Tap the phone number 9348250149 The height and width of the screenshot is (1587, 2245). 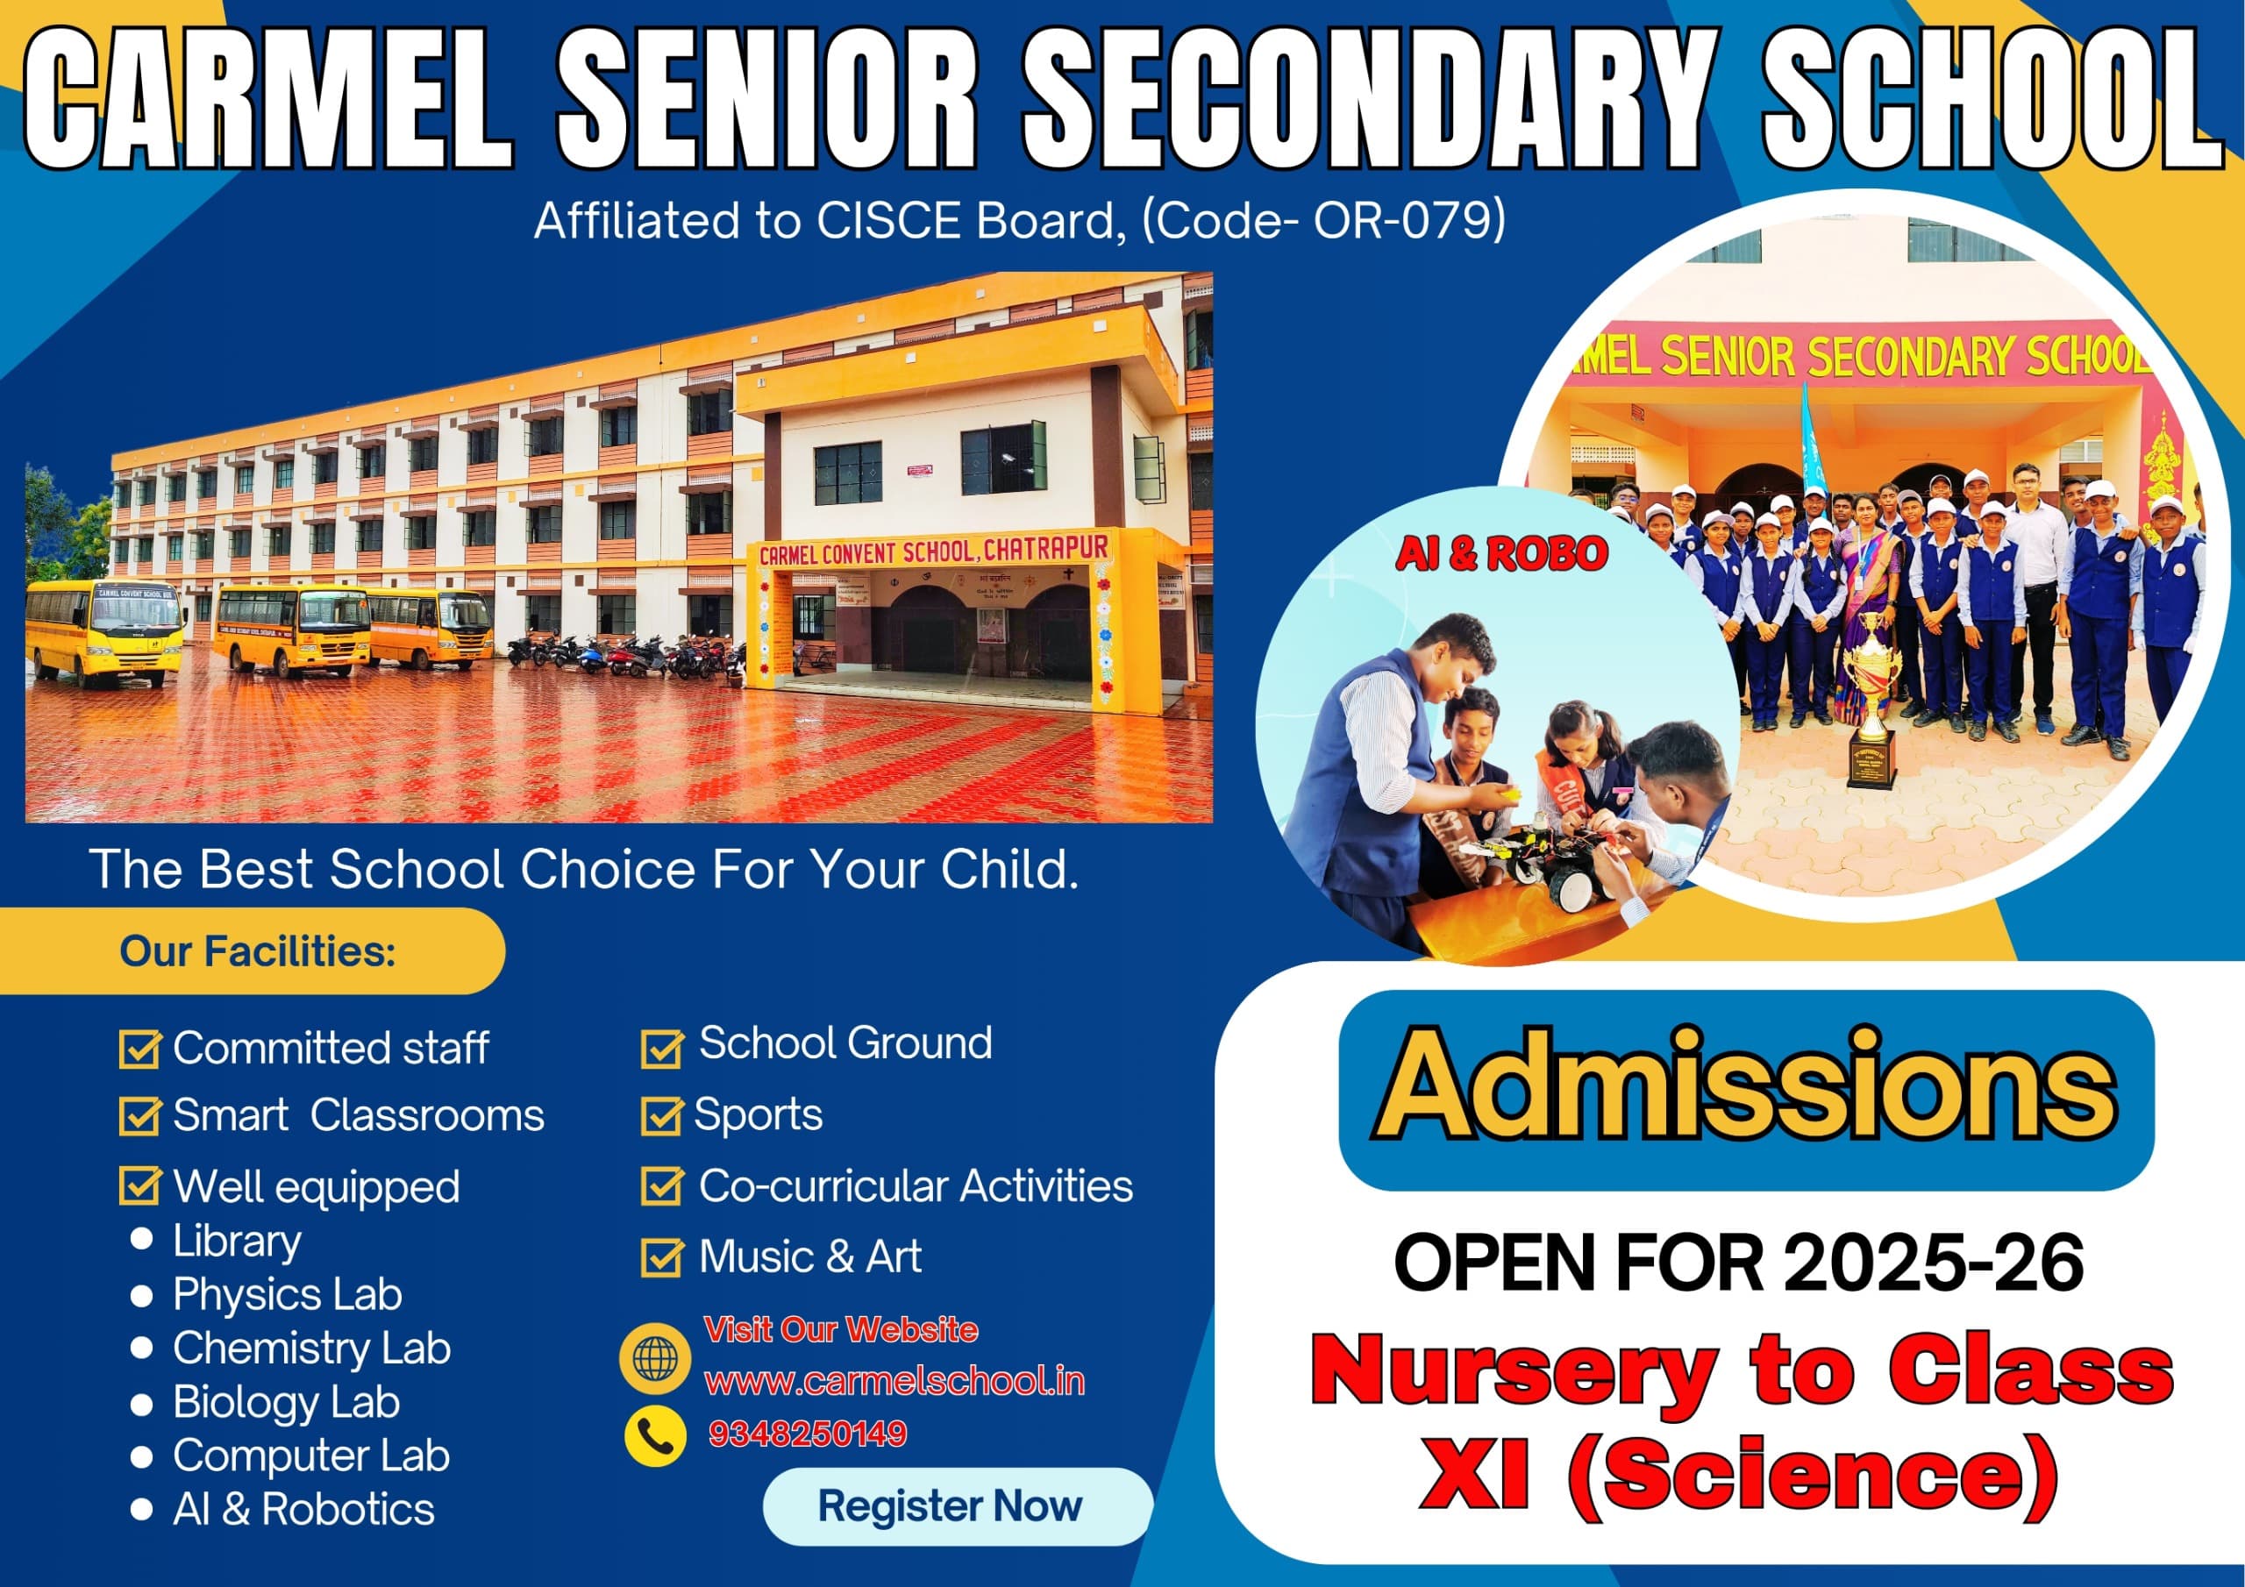(x=808, y=1434)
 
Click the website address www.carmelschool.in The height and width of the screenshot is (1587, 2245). (x=894, y=1381)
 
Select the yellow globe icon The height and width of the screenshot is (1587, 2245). (x=655, y=1358)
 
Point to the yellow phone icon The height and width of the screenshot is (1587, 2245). (x=655, y=1435)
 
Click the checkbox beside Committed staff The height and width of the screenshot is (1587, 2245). (x=139, y=1049)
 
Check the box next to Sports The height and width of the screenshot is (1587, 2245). (x=662, y=1115)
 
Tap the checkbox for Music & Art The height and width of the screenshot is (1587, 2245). (x=662, y=1257)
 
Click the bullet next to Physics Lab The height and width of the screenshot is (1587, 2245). (x=142, y=1297)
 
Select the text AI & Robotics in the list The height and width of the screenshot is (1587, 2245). (x=303, y=1509)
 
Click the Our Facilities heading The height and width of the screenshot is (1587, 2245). (x=257, y=951)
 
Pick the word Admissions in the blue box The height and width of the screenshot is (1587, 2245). (x=1746, y=1088)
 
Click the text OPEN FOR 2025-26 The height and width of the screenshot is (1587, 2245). (x=1738, y=1263)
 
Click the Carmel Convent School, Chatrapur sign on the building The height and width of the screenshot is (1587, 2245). (x=934, y=550)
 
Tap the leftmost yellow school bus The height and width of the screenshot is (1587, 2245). (x=104, y=630)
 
